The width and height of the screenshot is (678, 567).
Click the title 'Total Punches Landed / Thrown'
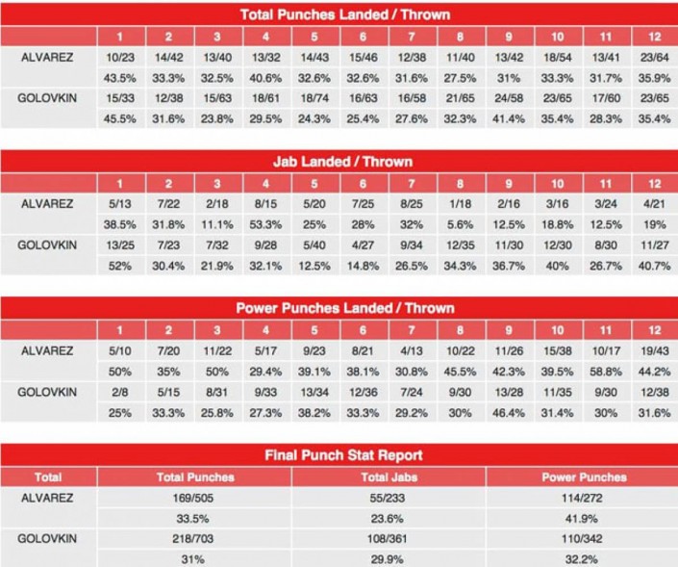coord(339,15)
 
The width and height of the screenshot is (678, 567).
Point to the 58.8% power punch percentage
coord(606,371)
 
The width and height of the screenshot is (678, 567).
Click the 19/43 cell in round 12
coord(654,350)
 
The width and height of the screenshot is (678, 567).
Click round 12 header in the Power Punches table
coord(654,330)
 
